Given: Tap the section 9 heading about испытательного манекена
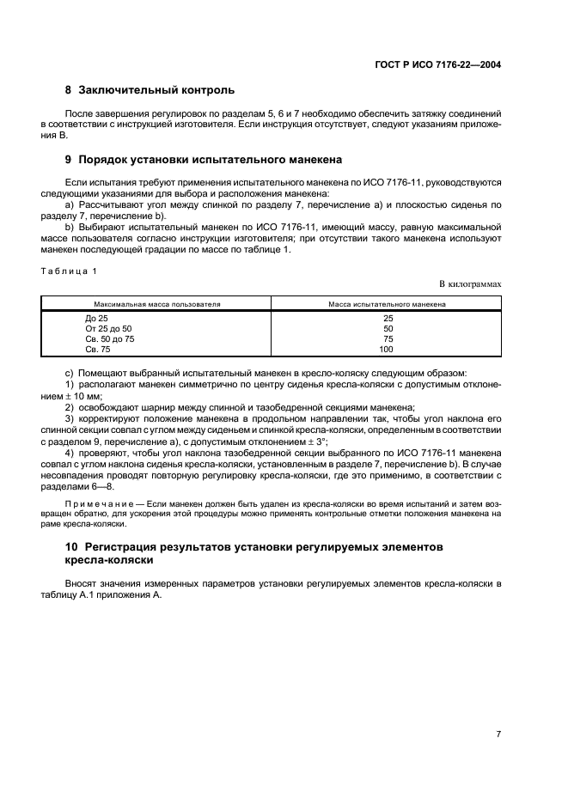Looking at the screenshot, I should [x=210, y=159].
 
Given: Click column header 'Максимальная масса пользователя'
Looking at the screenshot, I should [x=157, y=304].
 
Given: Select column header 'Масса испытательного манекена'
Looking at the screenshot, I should [x=387, y=304].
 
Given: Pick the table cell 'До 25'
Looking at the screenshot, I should [x=96, y=318].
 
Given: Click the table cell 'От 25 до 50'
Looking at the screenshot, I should [x=108, y=328].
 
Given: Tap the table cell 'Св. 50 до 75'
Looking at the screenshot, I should [x=110, y=338].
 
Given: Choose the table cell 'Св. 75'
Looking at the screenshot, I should [x=98, y=349].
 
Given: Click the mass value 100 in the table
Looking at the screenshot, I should [x=387, y=349].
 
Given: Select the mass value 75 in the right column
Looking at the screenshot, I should [x=387, y=338].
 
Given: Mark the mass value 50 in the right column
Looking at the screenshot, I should [x=387, y=328].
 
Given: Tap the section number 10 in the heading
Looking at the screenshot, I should [x=71, y=546].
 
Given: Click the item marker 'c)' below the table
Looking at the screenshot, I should [x=70, y=373].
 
